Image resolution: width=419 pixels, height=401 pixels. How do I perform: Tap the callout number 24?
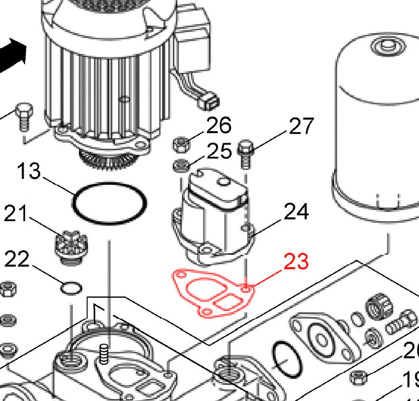pos(296,212)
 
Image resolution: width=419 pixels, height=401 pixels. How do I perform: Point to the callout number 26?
pos(219,125)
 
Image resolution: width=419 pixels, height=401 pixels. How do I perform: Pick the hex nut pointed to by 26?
pos(181,145)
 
